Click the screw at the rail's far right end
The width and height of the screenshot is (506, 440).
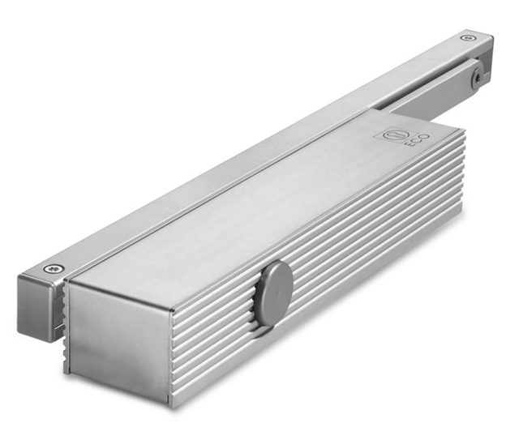tap(468, 38)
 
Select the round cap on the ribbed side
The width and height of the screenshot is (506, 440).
tap(273, 293)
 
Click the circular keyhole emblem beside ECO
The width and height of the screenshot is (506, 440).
tap(392, 135)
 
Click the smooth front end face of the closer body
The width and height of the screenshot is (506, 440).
tap(120, 342)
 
